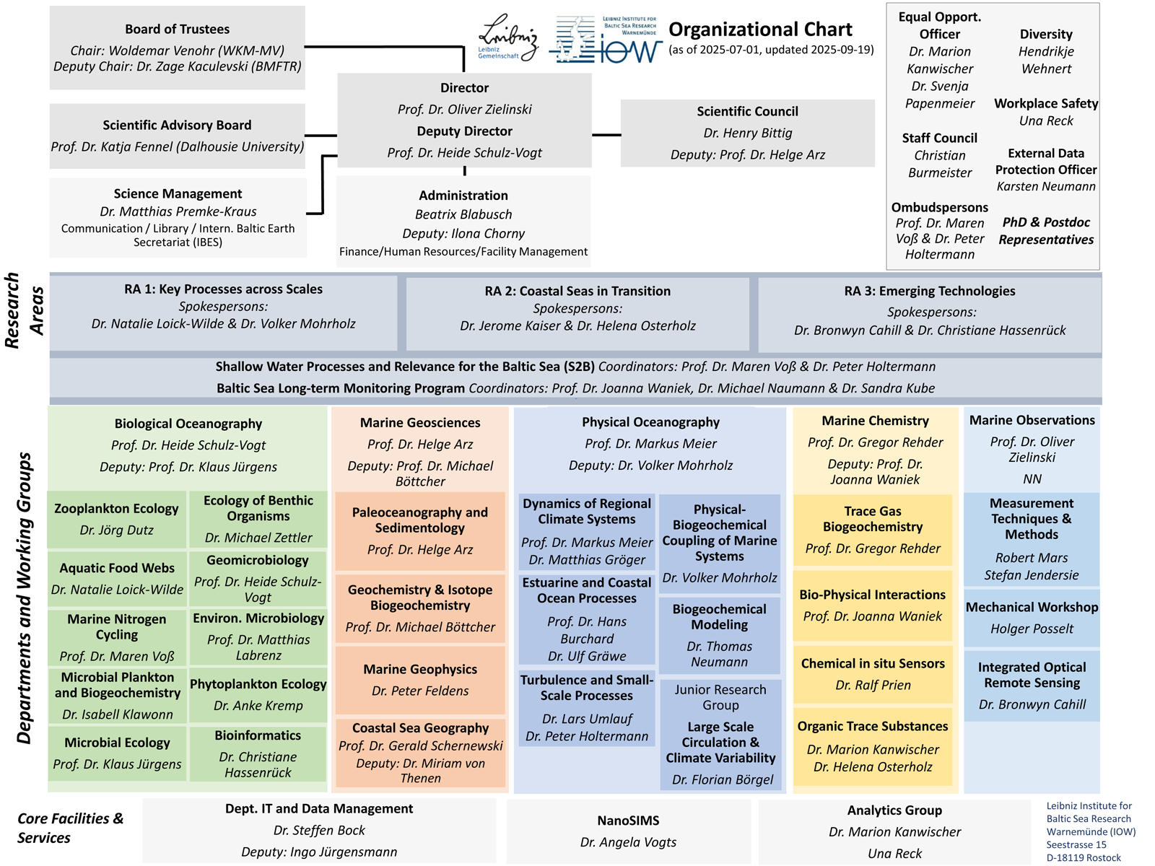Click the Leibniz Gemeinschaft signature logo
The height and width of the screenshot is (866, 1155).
pyautogui.click(x=507, y=38)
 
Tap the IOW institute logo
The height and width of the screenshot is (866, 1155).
pyautogui.click(x=606, y=40)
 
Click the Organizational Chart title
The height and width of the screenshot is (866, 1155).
pyautogui.click(x=760, y=30)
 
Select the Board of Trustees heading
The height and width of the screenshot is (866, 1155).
pyautogui.click(x=177, y=30)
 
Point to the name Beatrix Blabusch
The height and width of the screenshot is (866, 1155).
pyautogui.click(x=463, y=214)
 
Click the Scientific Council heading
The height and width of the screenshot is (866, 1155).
pyautogui.click(x=747, y=111)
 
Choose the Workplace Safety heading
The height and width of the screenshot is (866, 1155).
pyautogui.click(x=1046, y=103)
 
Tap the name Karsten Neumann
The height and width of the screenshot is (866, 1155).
pyautogui.click(x=1046, y=186)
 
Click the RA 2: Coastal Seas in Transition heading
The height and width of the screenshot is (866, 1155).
pyautogui.click(x=577, y=291)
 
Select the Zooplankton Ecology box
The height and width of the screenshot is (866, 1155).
pyautogui.click(x=117, y=520)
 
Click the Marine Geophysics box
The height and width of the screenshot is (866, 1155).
pyautogui.click(x=420, y=680)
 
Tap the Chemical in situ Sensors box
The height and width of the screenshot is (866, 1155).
pyautogui.click(x=873, y=674)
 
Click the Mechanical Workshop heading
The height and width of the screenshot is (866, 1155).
pyautogui.click(x=1032, y=607)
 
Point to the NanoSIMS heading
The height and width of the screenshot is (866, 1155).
pyautogui.click(x=628, y=821)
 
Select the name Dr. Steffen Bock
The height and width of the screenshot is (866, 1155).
pyautogui.click(x=319, y=830)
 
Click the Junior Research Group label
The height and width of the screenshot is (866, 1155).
pyautogui.click(x=720, y=697)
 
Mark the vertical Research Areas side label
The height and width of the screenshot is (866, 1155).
pyautogui.click(x=25, y=310)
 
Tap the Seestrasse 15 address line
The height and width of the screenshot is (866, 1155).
pyautogui.click(x=1076, y=844)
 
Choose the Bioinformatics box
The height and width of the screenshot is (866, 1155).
pyautogui.click(x=258, y=753)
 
